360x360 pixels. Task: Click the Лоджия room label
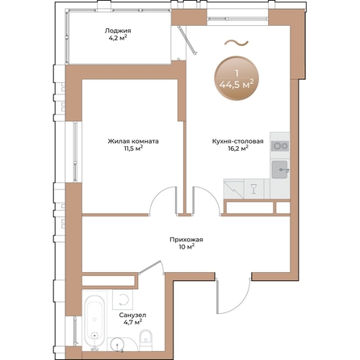pyautogui.click(x=118, y=31)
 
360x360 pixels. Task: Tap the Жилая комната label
pyautogui.click(x=133, y=141)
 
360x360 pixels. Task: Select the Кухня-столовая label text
pyautogui.click(x=238, y=141)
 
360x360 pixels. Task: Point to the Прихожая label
pyautogui.click(x=186, y=240)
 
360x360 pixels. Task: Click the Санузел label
pyautogui.click(x=132, y=315)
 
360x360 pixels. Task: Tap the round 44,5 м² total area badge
pyautogui.click(x=237, y=78)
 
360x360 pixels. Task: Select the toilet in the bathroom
pyautogui.click(x=146, y=340)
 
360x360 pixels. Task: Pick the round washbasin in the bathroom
pyautogui.click(x=118, y=345)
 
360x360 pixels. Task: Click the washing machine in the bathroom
pyautogui.click(x=123, y=299)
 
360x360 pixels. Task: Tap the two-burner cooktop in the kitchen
pyautogui.click(x=280, y=146)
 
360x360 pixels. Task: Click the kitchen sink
pyautogui.click(x=280, y=170)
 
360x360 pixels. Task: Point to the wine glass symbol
pyautogui.click(x=253, y=188)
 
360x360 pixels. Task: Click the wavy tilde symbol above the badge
pyautogui.click(x=237, y=43)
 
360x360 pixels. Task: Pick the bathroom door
pyautogui.click(x=151, y=267)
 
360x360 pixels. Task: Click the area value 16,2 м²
pyautogui.click(x=238, y=149)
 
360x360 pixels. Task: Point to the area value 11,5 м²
pyautogui.click(x=133, y=149)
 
